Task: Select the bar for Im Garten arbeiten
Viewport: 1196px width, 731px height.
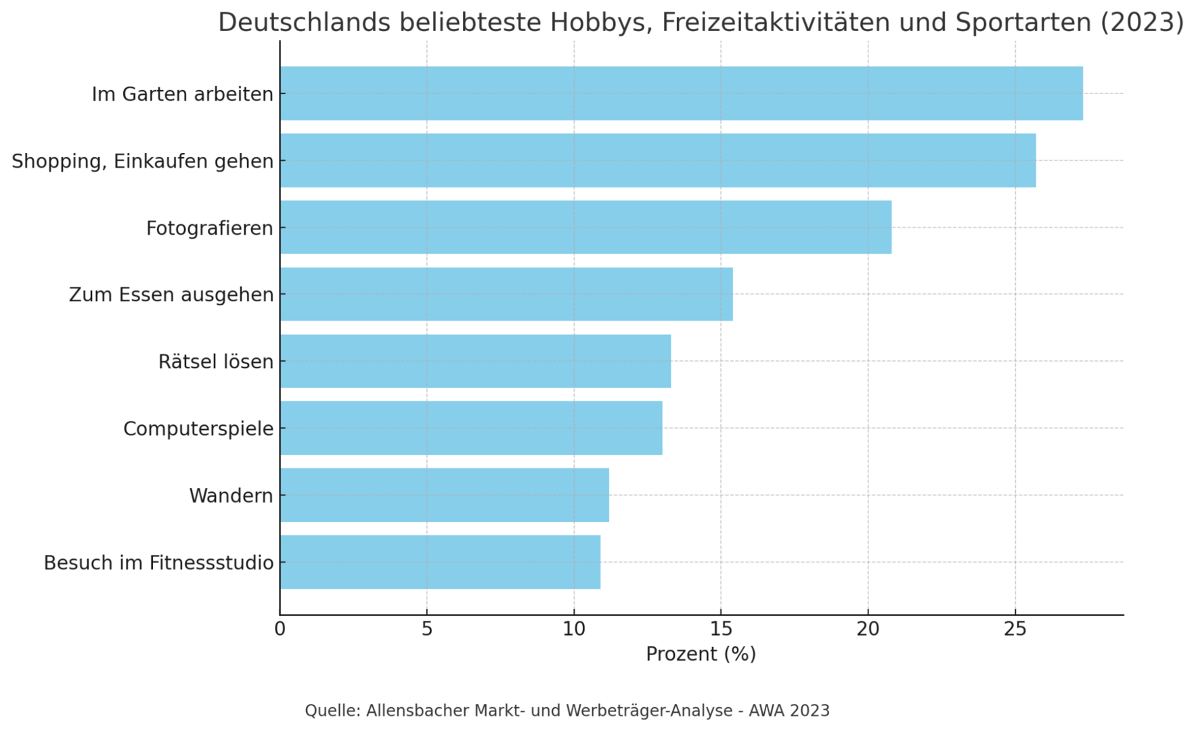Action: pyautogui.click(x=681, y=93)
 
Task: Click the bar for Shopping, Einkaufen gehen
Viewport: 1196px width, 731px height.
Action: pyautogui.click(x=657, y=160)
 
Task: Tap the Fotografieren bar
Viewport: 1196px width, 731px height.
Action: pyautogui.click(x=585, y=227)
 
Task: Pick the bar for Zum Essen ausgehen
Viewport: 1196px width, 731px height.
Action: pyautogui.click(x=506, y=294)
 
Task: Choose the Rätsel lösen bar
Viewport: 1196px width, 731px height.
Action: pyautogui.click(x=475, y=361)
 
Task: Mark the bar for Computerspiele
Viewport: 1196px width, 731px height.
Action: pyautogui.click(x=471, y=428)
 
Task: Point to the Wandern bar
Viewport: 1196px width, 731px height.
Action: pyautogui.click(x=444, y=495)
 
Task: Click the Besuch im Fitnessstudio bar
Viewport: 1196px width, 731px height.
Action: pyautogui.click(x=440, y=562)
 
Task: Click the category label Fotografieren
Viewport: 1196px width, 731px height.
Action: pyautogui.click(x=210, y=229)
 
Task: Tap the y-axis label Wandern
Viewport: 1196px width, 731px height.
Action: pyautogui.click(x=231, y=496)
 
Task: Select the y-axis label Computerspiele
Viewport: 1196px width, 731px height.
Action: pyautogui.click(x=198, y=429)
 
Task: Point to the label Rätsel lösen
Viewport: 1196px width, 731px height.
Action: pyautogui.click(x=216, y=362)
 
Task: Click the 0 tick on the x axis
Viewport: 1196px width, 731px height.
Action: pyautogui.click(x=280, y=629)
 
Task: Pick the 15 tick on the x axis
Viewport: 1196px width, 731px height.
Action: pyautogui.click(x=721, y=629)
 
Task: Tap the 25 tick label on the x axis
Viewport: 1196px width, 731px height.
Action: pyautogui.click(x=1015, y=629)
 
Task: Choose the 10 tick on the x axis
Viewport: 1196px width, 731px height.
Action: pyautogui.click(x=574, y=629)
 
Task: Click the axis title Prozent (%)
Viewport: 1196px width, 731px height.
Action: pyautogui.click(x=701, y=655)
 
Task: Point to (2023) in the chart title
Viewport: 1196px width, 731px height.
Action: pyautogui.click(x=1142, y=22)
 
